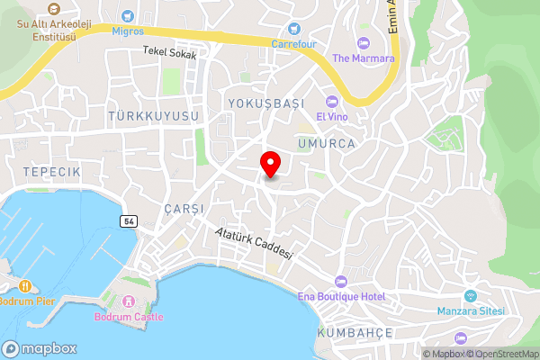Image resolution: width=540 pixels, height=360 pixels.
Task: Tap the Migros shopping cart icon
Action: (127, 15)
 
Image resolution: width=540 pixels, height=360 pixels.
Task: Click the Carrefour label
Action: (295, 42)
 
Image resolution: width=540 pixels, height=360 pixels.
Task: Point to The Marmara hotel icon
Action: (364, 43)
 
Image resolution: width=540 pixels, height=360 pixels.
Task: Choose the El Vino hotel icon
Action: (332, 101)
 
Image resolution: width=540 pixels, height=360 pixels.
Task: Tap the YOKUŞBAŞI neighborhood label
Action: (267, 103)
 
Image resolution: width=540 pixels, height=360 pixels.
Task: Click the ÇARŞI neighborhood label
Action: (184, 208)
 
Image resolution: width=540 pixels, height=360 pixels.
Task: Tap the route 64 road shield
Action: (129, 220)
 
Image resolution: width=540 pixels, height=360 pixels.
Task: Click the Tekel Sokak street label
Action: (168, 53)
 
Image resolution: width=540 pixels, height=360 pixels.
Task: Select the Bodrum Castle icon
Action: (129, 301)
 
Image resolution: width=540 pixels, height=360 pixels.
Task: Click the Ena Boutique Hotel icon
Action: (339, 281)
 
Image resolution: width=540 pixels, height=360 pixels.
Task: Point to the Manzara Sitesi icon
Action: (470, 295)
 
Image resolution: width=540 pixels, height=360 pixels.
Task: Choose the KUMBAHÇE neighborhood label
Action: (355, 333)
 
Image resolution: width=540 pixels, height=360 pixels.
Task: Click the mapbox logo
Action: (40, 348)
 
